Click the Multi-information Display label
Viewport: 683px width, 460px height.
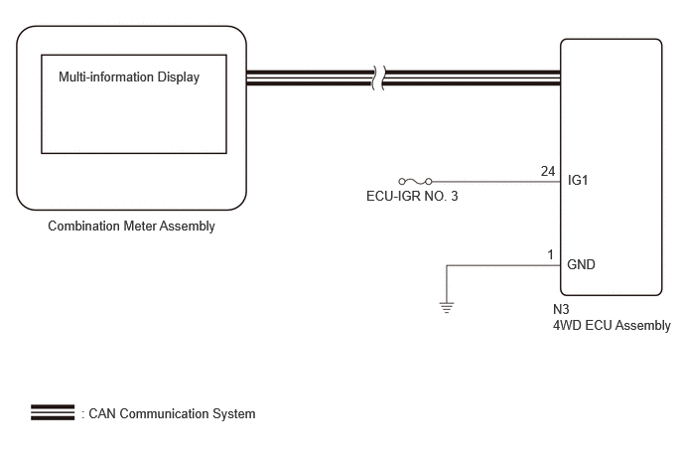point(129,77)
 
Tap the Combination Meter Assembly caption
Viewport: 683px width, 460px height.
point(131,226)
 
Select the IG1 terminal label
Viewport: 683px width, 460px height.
point(578,180)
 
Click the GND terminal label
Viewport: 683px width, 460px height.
point(581,264)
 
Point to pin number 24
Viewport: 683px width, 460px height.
point(548,171)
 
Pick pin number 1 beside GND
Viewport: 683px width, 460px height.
point(551,254)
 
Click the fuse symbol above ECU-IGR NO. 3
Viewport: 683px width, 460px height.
point(416,182)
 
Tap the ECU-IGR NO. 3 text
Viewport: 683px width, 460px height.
point(412,196)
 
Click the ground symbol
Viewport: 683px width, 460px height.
point(447,307)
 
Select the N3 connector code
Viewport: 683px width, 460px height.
point(561,309)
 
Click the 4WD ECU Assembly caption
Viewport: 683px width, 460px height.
point(612,325)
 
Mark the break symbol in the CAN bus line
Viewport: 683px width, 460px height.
point(378,78)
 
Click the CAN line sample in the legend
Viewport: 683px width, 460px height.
point(53,412)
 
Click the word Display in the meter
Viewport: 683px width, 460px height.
point(179,77)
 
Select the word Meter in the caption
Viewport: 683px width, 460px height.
point(140,226)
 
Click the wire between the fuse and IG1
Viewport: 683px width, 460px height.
point(496,182)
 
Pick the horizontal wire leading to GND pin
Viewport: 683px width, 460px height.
point(503,265)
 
